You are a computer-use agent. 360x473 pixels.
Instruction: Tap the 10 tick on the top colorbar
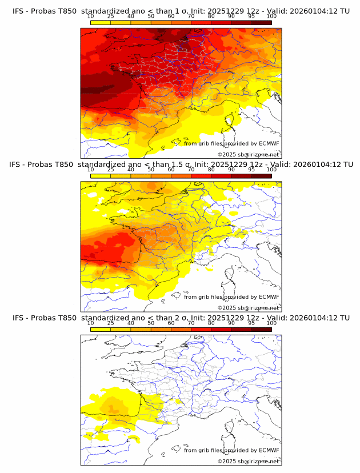tap(91, 16)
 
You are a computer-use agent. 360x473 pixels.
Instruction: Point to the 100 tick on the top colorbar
tap(271, 16)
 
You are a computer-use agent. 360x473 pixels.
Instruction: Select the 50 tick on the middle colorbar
tap(151, 170)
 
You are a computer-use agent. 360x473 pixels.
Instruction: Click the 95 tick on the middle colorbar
tap(251, 170)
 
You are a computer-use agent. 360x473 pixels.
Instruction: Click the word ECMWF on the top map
tap(269, 143)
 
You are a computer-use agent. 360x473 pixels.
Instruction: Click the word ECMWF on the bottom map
tap(269, 450)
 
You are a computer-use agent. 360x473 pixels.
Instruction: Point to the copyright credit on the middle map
tap(248, 308)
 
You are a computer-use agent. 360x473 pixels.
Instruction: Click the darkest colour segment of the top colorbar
tap(261, 22)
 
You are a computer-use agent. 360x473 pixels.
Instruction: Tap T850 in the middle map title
tap(66, 164)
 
